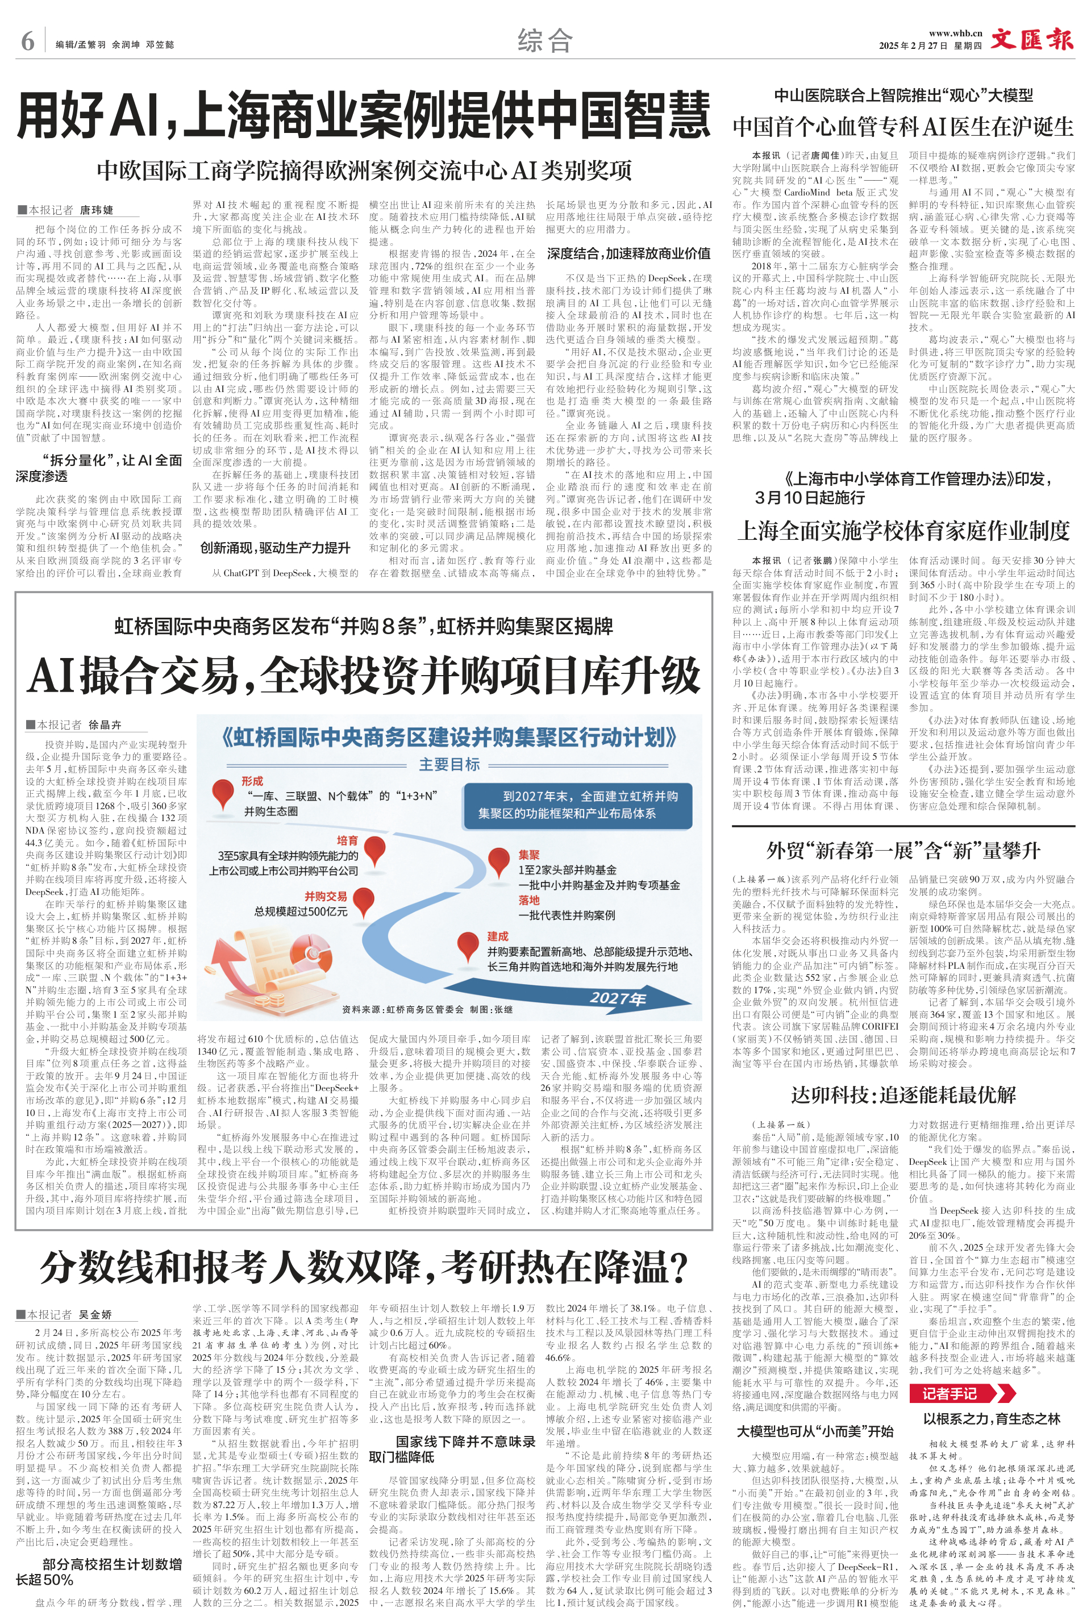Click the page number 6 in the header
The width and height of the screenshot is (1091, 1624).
(28, 41)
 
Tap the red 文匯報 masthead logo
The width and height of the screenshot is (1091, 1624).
(1032, 39)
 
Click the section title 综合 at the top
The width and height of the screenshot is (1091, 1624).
(545, 41)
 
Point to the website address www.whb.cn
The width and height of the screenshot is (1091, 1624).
(955, 33)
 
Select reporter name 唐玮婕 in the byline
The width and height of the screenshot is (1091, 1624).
(97, 210)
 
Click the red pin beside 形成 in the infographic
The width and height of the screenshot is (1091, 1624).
(223, 792)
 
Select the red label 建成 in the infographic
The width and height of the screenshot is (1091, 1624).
(498, 936)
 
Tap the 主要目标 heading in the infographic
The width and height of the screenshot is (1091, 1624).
(449, 764)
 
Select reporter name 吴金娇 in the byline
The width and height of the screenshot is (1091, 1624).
(97, 1314)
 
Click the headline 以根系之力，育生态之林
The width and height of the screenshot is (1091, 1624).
(992, 1419)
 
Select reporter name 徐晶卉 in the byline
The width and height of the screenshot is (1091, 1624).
(105, 725)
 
